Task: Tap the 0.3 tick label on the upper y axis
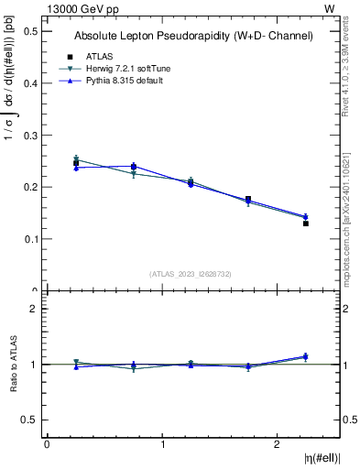[30, 135]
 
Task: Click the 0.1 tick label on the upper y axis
[30, 239]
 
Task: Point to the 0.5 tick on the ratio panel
[30, 420]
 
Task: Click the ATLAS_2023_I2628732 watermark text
[191, 273]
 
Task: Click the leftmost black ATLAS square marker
[76, 163]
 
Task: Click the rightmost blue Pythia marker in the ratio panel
[306, 356]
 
